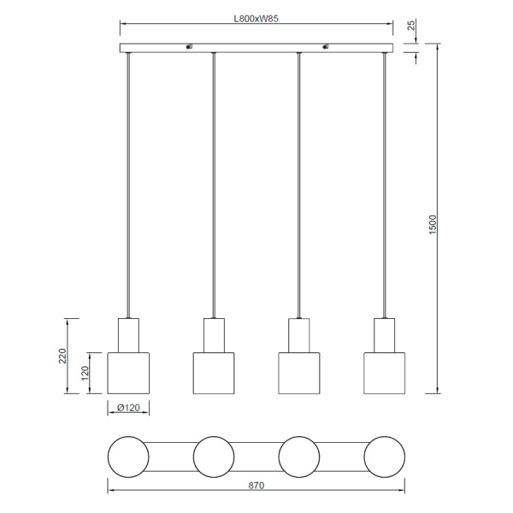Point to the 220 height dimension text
[x=62, y=356]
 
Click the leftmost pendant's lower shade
[x=128, y=373]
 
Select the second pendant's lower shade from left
[x=214, y=373]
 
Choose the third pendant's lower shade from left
[x=299, y=373]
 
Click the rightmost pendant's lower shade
[x=385, y=373]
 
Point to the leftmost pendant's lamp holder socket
[x=128, y=334]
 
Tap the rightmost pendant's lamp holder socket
[x=385, y=334]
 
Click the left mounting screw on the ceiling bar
[x=189, y=47]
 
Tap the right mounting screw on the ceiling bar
[x=326, y=47]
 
